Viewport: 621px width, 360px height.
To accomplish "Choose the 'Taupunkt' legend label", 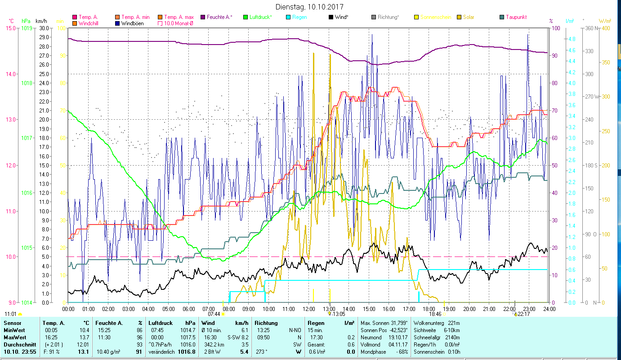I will [516, 17].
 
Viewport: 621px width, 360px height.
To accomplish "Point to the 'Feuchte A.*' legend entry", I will [219, 17].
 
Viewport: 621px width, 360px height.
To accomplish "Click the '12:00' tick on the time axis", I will [309, 309].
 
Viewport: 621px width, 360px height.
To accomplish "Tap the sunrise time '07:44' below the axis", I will [214, 314].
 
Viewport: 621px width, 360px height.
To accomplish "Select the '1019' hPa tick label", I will [27, 28].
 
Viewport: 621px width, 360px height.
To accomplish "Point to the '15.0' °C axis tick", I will [11, 28].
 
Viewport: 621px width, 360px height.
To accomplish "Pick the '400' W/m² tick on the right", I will [605, 28].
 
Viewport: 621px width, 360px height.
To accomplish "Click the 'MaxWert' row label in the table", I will [14, 337].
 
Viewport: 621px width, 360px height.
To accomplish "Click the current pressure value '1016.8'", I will [187, 352].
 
